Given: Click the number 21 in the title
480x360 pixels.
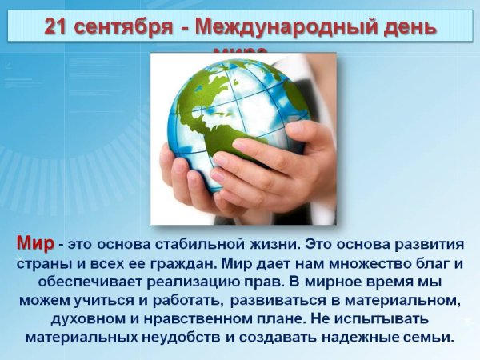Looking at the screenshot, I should click(x=58, y=26).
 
